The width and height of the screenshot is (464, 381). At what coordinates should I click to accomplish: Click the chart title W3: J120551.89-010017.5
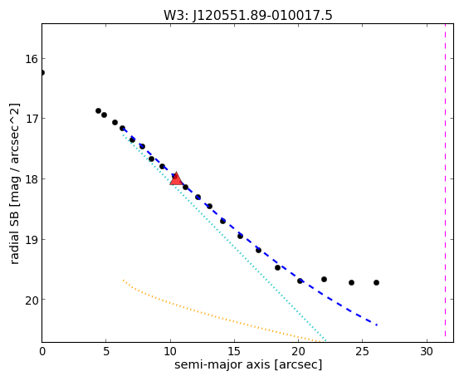click(248, 16)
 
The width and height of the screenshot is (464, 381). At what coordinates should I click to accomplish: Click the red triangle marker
click(176, 178)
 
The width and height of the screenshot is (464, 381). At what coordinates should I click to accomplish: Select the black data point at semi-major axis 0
click(42, 72)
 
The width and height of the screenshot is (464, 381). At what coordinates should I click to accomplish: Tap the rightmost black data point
click(376, 283)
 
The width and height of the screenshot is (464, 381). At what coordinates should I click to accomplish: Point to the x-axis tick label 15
click(234, 352)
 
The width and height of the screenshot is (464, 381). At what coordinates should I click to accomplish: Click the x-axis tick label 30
click(427, 352)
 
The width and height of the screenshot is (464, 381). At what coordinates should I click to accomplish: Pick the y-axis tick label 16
click(32, 59)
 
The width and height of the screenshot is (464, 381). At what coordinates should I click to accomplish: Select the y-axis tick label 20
click(32, 300)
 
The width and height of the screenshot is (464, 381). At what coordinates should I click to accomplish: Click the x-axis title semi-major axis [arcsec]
click(248, 365)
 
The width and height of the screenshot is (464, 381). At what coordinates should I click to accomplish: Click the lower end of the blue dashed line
click(377, 325)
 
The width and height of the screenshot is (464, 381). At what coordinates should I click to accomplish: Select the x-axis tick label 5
click(106, 352)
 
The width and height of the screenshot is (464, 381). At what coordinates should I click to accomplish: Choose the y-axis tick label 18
click(32, 178)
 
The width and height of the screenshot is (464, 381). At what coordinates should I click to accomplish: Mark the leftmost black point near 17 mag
click(98, 110)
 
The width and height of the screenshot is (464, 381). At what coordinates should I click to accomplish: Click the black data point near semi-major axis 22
click(324, 279)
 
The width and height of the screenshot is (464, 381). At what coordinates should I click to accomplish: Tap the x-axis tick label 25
click(363, 352)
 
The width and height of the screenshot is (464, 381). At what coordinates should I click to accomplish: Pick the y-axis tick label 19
click(32, 239)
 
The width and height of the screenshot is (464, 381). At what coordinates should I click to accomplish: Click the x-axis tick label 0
click(42, 352)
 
